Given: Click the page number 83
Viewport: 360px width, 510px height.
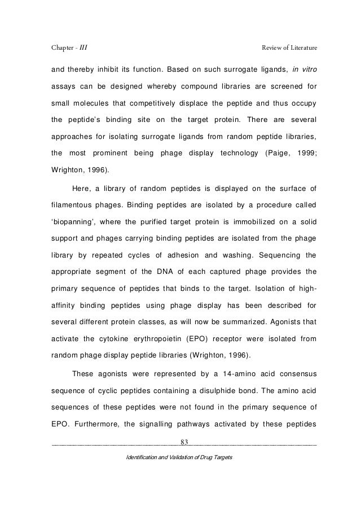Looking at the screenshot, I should (184, 441).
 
